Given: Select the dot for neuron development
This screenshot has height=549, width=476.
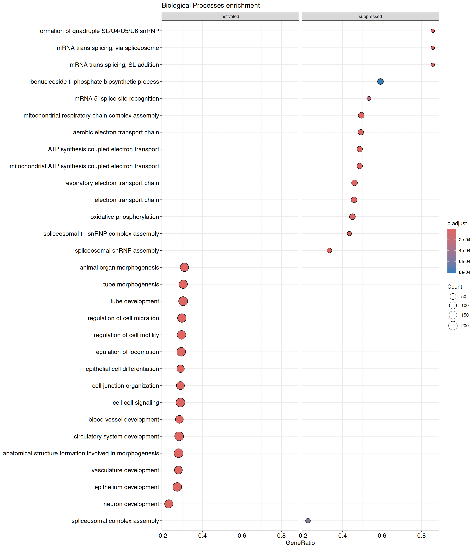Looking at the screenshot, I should [169, 504].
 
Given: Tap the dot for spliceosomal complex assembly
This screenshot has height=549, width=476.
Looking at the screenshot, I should [308, 521].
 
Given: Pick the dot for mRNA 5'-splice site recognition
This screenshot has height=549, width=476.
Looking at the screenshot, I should [369, 99].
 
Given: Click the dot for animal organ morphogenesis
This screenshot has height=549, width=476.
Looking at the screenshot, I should [184, 267].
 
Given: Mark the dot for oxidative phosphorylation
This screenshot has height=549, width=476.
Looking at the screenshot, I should [352, 217].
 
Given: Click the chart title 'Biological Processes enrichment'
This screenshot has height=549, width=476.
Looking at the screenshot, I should [211, 6].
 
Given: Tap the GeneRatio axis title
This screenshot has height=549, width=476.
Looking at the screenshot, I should [300, 543].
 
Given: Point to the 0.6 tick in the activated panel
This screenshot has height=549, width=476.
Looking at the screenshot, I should [242, 536].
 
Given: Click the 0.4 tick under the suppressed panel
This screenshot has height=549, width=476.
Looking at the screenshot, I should [342, 536].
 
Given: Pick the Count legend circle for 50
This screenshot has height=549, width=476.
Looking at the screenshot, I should [453, 297].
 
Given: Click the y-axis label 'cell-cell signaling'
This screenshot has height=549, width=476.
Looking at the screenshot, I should [136, 402].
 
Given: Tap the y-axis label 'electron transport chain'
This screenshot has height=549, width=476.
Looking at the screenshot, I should [127, 200].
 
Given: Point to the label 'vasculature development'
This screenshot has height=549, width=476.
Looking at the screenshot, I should [125, 470].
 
